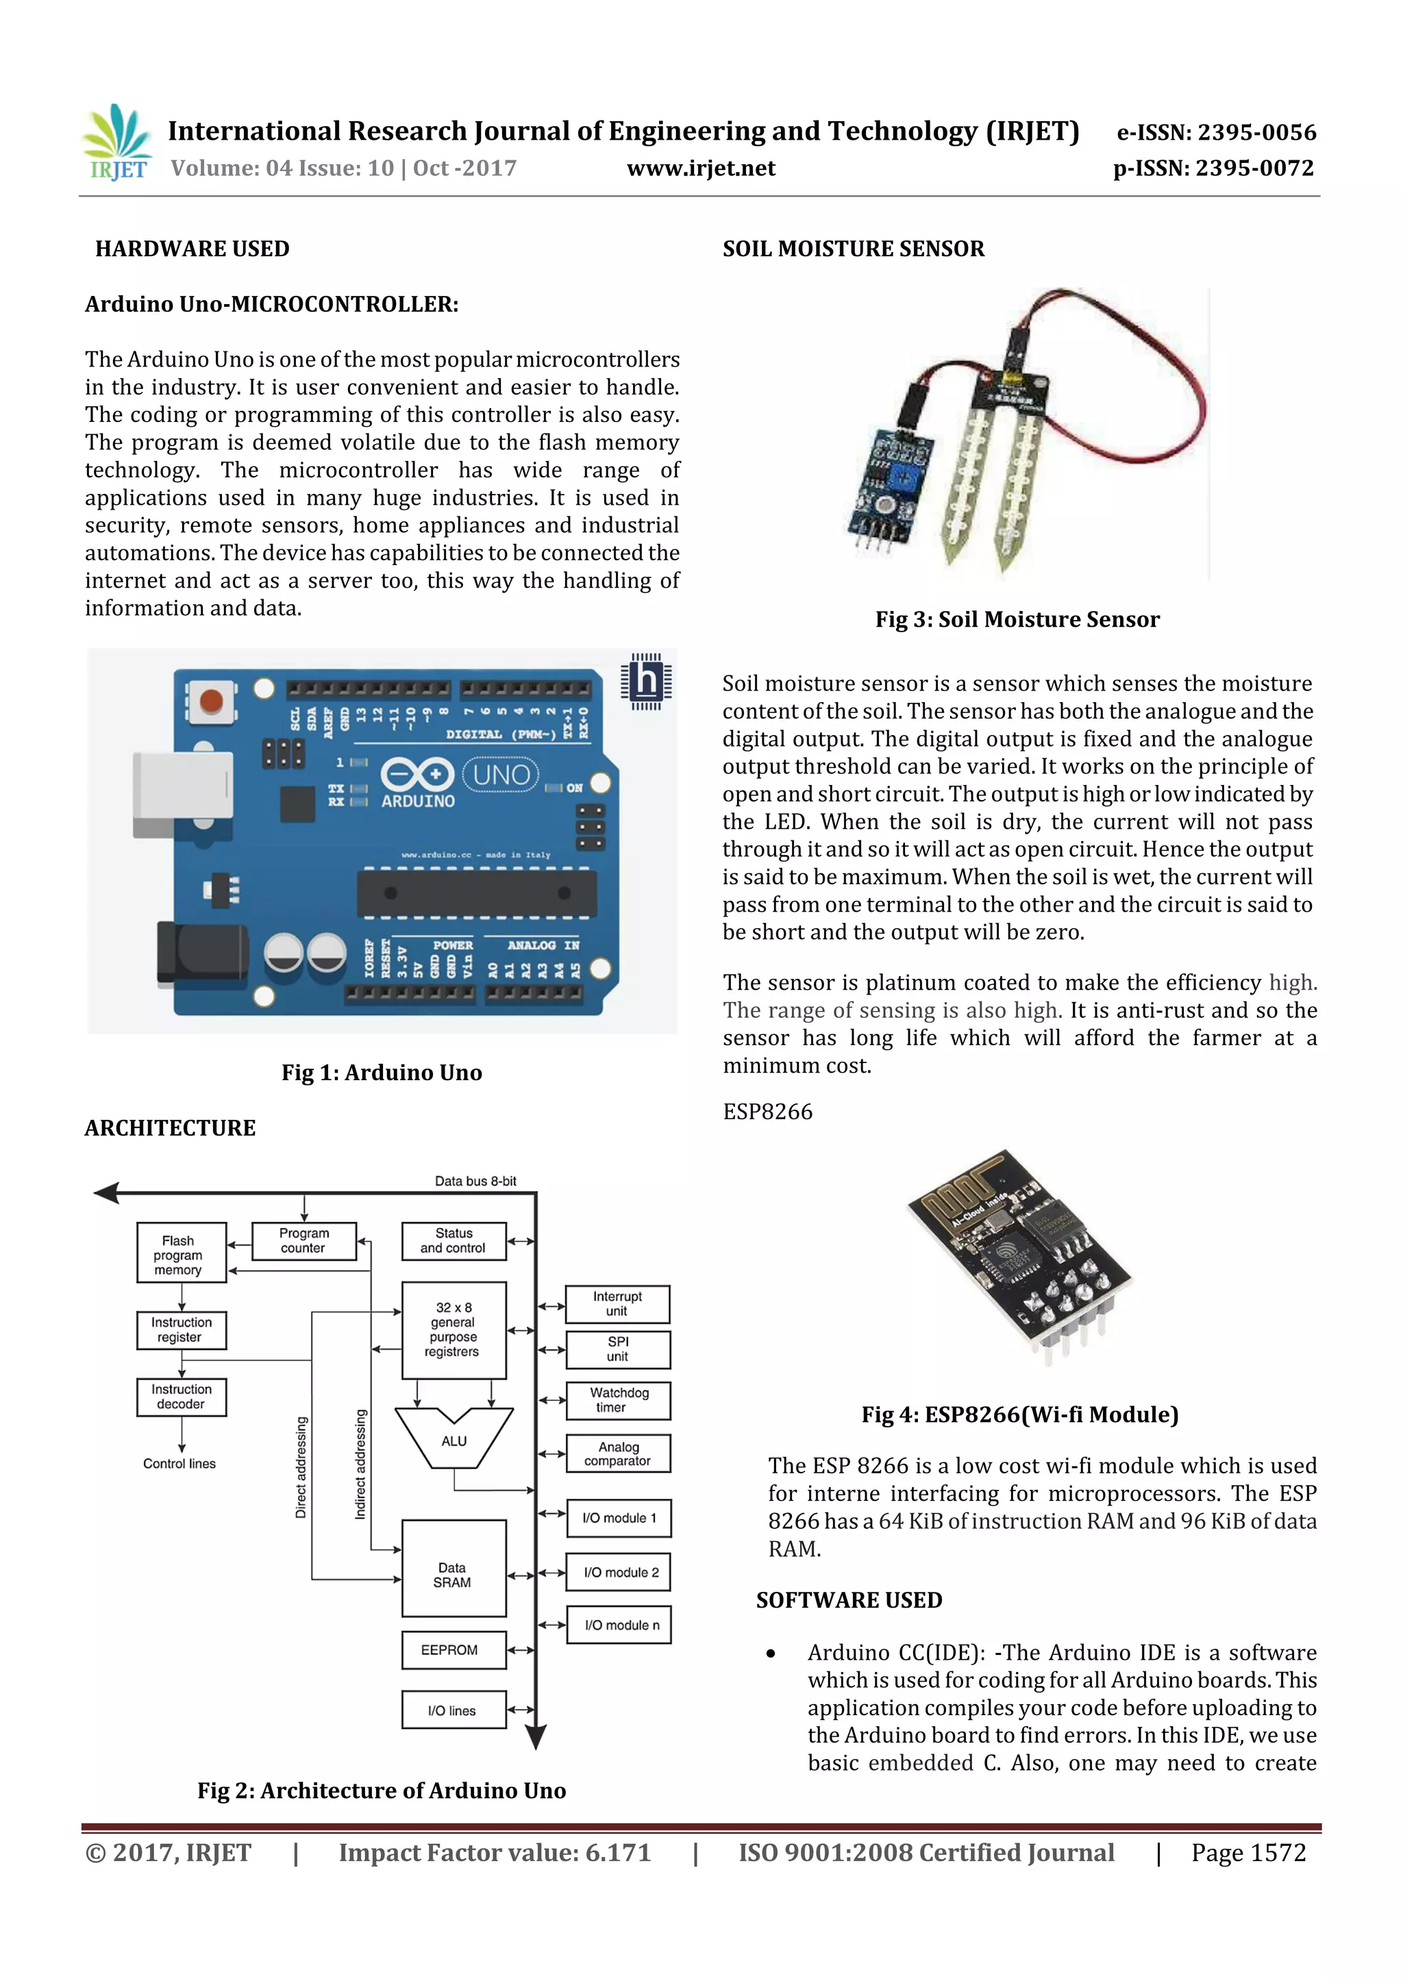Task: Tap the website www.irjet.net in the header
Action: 701,169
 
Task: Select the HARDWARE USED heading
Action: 192,249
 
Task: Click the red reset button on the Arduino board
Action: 212,701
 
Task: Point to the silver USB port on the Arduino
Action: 182,795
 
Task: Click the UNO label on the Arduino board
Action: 501,775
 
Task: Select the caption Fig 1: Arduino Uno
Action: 382,1072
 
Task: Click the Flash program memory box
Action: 182,1254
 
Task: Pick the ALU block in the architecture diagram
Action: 454,1440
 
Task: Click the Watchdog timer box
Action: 618,1399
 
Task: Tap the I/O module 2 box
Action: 619,1572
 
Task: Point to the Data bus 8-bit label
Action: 475,1181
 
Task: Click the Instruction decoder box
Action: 182,1397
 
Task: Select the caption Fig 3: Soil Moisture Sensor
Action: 1017,619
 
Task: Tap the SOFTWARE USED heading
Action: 848,1600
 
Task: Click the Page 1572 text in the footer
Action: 1247,1853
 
